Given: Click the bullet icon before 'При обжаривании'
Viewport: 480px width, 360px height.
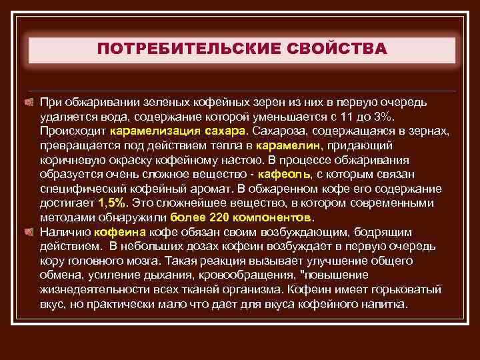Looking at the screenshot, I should (x=29, y=102).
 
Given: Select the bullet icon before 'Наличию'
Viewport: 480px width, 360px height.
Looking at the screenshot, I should (x=29, y=232).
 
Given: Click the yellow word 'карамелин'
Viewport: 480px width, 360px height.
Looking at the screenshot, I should (x=287, y=145).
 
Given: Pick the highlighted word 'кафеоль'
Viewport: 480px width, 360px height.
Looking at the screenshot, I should (x=287, y=174).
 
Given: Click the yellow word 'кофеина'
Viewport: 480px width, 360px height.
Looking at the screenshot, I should (x=120, y=232).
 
